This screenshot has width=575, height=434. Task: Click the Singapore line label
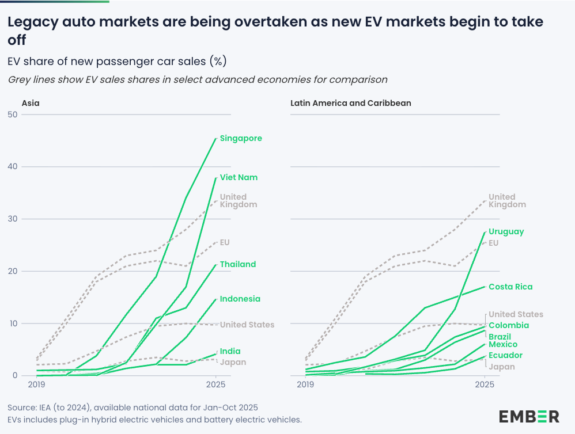pos(241,138)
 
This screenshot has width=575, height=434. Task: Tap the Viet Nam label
pos(239,177)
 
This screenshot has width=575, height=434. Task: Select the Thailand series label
pos(237,264)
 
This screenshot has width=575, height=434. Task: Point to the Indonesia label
pos(240,299)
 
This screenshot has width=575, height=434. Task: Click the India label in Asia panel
pos(230,351)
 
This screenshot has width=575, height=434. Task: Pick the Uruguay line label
pos(506,231)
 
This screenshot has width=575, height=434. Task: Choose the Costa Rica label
pos(510,287)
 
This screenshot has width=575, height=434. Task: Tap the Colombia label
pos(508,325)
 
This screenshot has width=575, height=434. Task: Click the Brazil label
pos(500,336)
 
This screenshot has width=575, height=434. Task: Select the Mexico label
pos(502,345)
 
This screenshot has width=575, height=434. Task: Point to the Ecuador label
pos(505,355)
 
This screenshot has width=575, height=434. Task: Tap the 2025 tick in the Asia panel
pos(215,384)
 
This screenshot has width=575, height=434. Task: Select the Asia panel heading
pos(31,103)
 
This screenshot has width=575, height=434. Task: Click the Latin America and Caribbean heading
pos(350,103)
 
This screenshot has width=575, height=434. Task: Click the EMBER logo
pos(529,416)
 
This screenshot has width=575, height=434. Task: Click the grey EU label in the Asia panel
pos(225,242)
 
